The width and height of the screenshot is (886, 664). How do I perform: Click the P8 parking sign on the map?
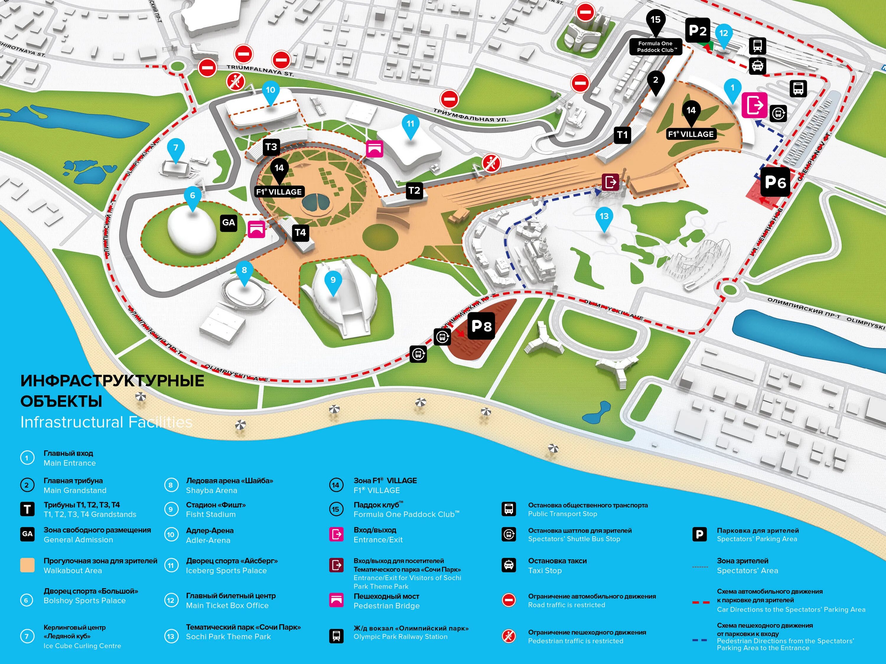coord(481,326)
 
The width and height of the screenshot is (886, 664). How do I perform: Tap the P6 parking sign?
coord(775,182)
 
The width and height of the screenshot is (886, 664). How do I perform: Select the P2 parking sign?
coord(697,30)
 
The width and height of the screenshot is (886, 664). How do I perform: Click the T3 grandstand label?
coord(271,147)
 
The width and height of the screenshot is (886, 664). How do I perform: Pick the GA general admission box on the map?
coord(228,223)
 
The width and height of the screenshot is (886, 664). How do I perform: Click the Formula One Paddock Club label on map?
coord(655,47)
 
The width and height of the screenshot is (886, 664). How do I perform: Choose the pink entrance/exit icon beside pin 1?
coord(755,105)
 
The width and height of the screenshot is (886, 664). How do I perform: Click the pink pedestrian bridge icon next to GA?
coord(256,229)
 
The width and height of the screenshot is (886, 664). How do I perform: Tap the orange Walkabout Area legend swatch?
coord(27,565)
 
